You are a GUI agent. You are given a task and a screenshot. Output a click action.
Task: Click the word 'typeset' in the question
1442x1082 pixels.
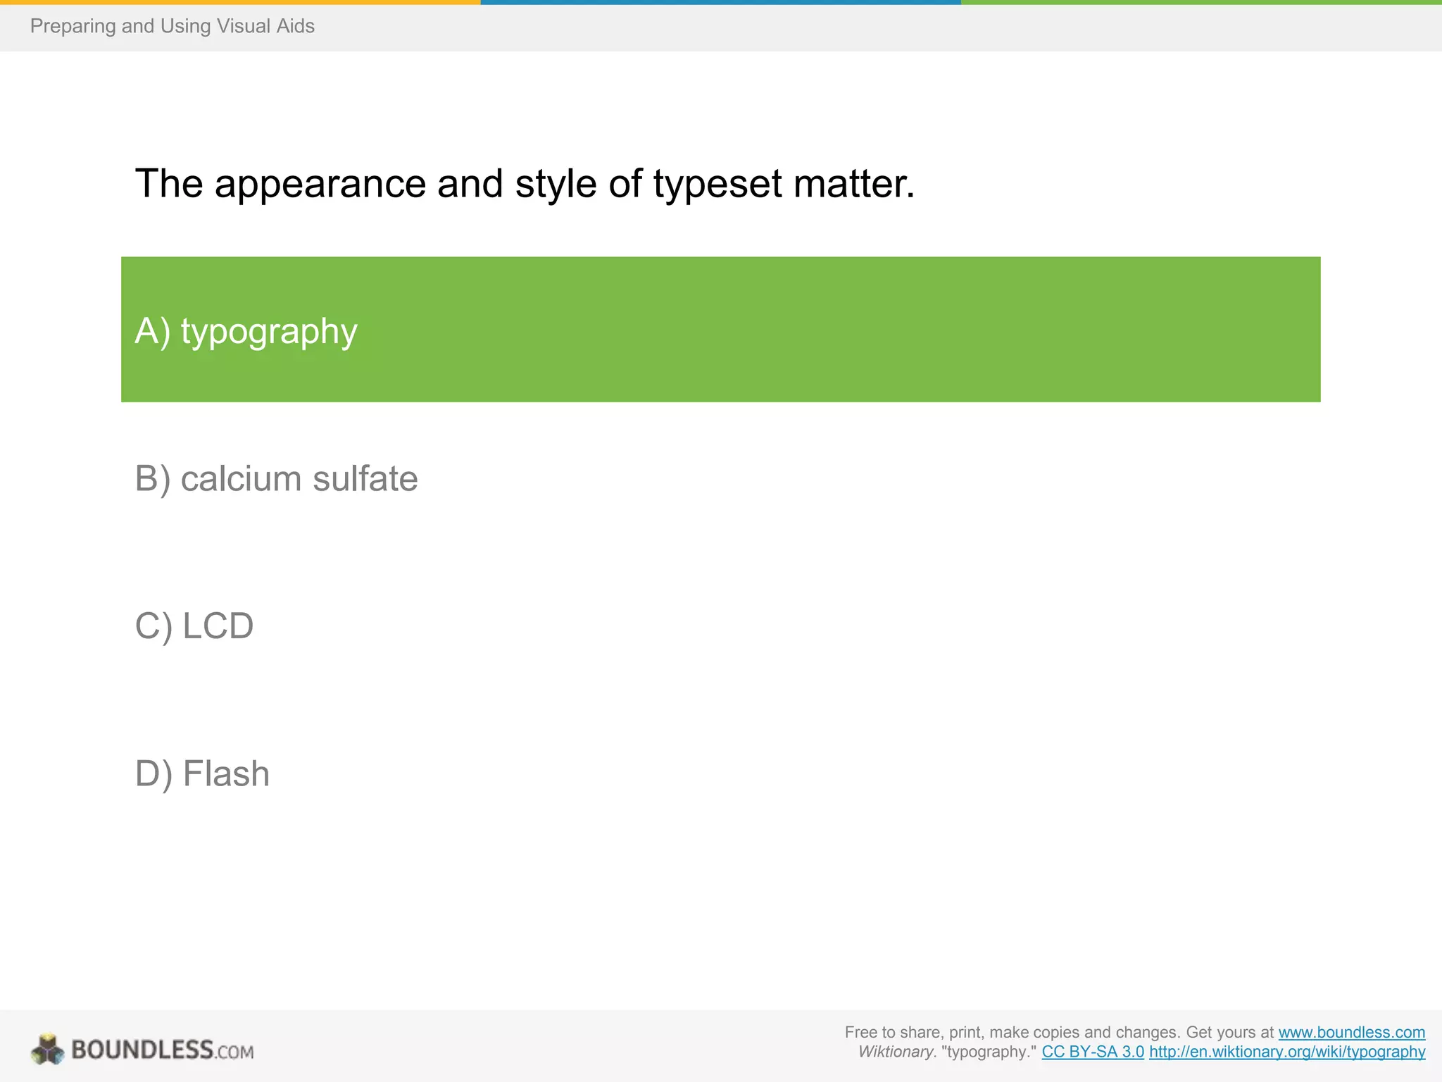click(x=717, y=185)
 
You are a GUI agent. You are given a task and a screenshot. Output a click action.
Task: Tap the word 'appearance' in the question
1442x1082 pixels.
click(x=320, y=185)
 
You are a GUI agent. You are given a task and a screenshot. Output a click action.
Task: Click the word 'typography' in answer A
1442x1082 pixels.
click(x=269, y=331)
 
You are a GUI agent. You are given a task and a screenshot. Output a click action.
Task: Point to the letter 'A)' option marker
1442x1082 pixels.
click(x=152, y=331)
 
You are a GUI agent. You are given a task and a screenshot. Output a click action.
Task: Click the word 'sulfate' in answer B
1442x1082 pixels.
click(x=365, y=479)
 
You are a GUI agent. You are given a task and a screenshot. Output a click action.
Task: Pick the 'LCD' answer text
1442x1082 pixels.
click(x=218, y=626)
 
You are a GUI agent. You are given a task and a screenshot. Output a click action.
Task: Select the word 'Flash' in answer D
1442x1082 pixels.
click(x=226, y=773)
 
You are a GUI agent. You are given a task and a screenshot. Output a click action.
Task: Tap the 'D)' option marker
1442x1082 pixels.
click(x=153, y=773)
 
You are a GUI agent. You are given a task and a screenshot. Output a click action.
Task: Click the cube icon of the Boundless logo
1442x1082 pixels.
click(x=47, y=1050)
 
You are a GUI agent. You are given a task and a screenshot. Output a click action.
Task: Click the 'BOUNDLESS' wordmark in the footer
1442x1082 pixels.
click(x=142, y=1050)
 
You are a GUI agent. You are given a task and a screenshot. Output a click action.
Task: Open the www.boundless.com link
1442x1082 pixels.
click(x=1351, y=1032)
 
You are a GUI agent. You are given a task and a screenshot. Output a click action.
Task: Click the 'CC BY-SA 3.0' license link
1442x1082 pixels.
click(x=1093, y=1052)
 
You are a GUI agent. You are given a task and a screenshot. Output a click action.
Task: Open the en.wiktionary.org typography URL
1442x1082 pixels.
click(x=1287, y=1052)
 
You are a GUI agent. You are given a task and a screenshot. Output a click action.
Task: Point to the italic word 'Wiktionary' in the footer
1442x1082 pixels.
click(x=896, y=1052)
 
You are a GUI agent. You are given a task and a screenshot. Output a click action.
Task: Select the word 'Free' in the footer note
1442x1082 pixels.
click(x=860, y=1032)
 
